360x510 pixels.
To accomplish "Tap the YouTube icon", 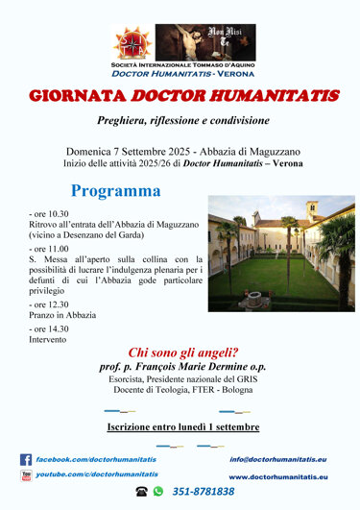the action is tap(26, 474).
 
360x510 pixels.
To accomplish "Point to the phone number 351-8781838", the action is tap(204, 491).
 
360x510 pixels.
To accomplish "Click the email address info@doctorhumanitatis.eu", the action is tap(277, 459).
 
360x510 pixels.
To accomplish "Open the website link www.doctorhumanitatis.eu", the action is tap(277, 476).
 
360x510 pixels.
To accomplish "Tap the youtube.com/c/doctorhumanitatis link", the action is tap(97, 474).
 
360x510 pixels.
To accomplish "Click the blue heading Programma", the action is tap(115, 190).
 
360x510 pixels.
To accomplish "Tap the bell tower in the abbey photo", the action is tap(311, 210).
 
